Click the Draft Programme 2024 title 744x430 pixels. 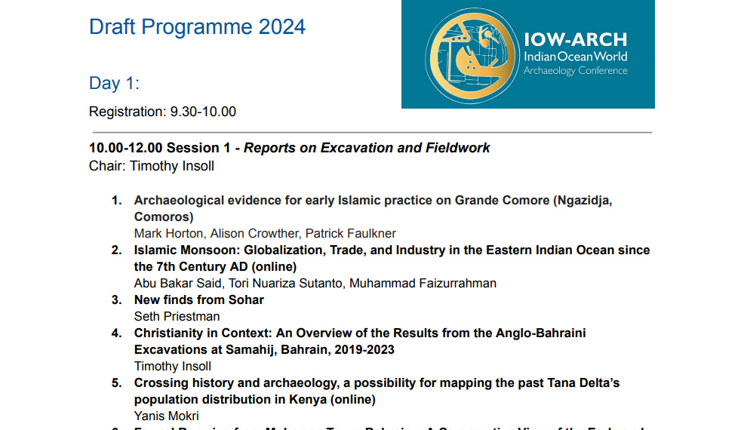[x=197, y=26]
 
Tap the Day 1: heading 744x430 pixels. [x=114, y=83]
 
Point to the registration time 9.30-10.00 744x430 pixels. [x=203, y=112]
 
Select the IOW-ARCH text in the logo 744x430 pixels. [x=575, y=40]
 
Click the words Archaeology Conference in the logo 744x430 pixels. [x=576, y=71]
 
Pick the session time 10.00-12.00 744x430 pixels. [x=125, y=148]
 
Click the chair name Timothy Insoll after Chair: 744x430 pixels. [x=172, y=166]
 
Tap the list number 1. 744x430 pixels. [x=116, y=201]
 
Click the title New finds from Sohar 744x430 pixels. [x=198, y=299]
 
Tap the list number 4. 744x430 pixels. [x=116, y=333]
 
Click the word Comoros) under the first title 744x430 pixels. [x=164, y=217]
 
